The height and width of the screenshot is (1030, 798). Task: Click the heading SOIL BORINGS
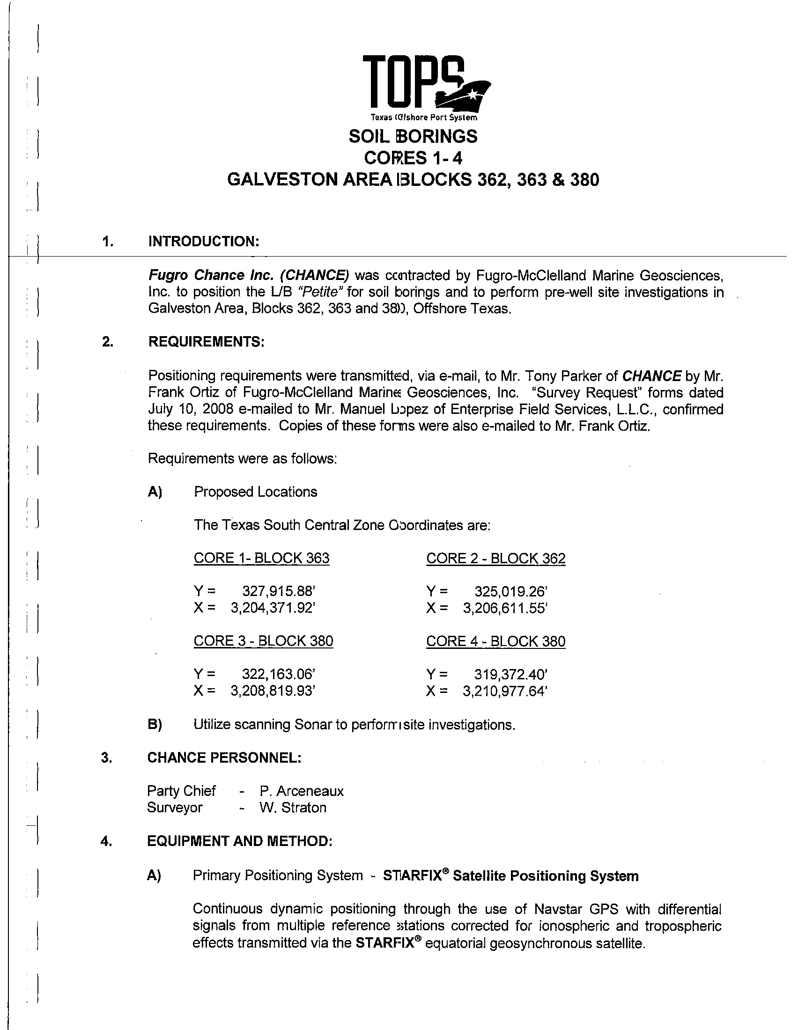point(413,136)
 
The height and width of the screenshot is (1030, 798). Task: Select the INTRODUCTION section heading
point(204,242)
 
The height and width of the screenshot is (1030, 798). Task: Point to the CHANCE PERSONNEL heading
point(224,758)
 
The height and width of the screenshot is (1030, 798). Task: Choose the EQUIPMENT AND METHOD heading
point(240,841)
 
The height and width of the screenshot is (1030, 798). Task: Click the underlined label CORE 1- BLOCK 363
point(261,559)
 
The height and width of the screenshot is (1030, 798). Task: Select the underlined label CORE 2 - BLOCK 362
point(495,559)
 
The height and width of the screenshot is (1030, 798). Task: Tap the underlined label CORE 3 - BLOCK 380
point(263,641)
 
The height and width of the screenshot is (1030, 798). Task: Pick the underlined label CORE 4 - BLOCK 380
point(495,641)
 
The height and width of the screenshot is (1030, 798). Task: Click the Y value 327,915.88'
point(278,591)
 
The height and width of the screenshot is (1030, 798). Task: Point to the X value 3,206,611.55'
point(505,608)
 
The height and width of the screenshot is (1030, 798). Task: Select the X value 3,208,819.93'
point(272,691)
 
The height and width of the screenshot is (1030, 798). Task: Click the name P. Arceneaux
point(301,791)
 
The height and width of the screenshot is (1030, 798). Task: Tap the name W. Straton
point(292,808)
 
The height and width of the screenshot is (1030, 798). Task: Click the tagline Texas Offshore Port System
point(423,118)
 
